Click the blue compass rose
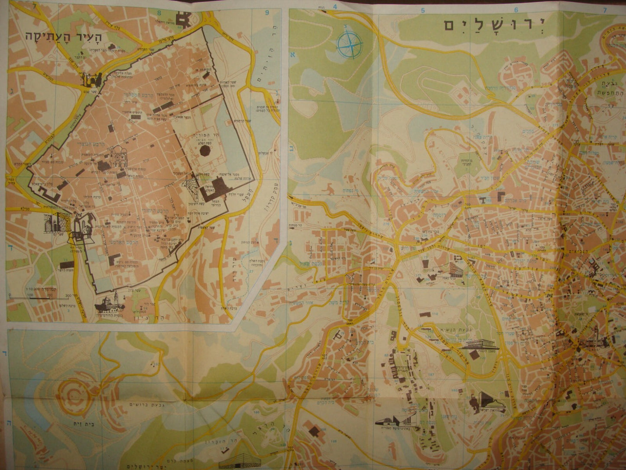click(349, 43)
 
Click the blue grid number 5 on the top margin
click(422, 10)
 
